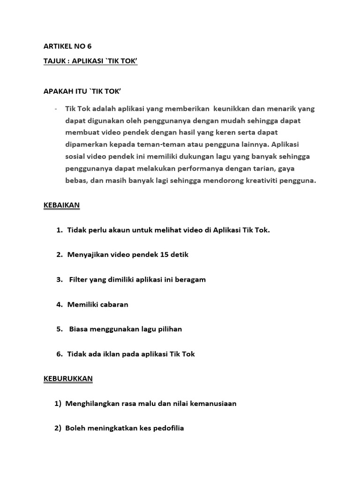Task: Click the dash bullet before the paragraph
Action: pos(56,109)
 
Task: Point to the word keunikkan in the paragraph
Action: pos(232,109)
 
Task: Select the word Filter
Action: pos(79,279)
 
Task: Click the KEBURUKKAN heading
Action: pos(68,378)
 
